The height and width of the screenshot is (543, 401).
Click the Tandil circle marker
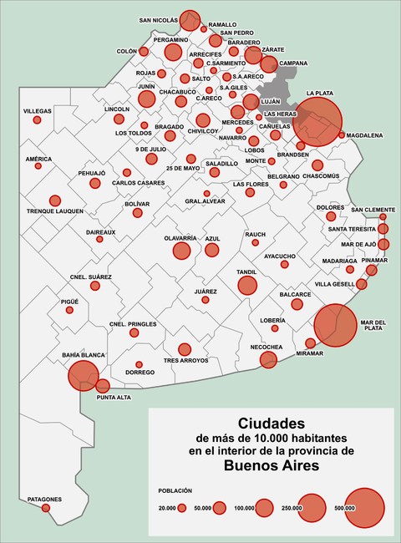pos(246,286)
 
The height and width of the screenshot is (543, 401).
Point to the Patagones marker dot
pos(46,507)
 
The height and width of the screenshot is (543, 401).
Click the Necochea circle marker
pos(268,359)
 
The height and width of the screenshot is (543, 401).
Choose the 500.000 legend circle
pos(364,507)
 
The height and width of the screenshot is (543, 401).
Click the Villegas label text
pos(37,111)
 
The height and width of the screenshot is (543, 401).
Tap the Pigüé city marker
pos(70,310)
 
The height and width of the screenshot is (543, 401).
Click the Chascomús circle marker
pos(317,165)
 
